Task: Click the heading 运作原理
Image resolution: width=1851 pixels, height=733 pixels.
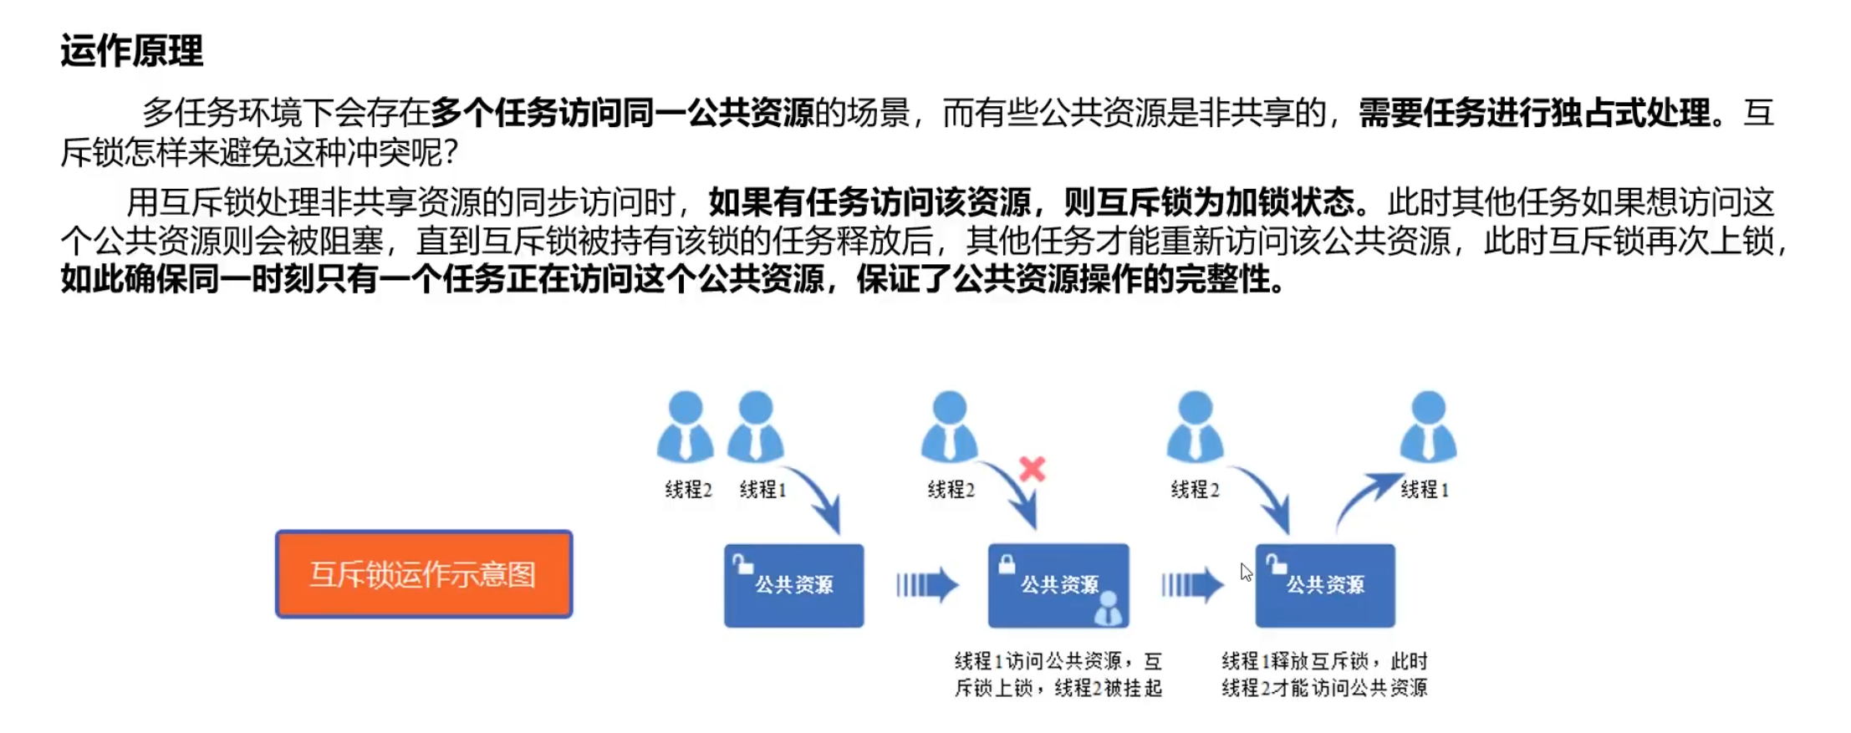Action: click(131, 52)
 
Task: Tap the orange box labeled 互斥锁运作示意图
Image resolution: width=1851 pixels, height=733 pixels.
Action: click(424, 574)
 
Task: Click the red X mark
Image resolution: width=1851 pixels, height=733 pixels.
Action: click(1033, 469)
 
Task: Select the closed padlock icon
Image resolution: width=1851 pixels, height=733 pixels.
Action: click(1007, 564)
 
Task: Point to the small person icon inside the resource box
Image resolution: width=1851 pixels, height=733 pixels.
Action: click(1109, 608)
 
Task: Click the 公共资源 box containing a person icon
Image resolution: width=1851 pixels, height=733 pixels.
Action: click(1058, 585)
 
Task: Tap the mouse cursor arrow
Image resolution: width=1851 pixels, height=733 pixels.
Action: click(1246, 572)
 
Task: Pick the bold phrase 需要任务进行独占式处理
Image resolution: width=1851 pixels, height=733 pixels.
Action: click(1534, 113)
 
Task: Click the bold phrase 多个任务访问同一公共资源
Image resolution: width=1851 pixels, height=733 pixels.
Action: click(623, 113)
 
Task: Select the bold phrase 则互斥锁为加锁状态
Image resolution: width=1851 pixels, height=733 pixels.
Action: click(1209, 202)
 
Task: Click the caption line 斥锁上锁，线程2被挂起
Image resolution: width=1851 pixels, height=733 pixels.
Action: click(1058, 688)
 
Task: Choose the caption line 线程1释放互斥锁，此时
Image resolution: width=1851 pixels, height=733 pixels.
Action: click(1324, 661)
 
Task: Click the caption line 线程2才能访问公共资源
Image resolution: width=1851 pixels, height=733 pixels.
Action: click(1324, 688)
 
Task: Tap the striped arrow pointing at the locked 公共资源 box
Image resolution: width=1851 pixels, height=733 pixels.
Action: click(926, 585)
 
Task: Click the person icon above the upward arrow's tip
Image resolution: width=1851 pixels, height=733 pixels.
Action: click(1428, 426)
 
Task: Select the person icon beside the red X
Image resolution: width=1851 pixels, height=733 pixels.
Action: click(949, 426)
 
